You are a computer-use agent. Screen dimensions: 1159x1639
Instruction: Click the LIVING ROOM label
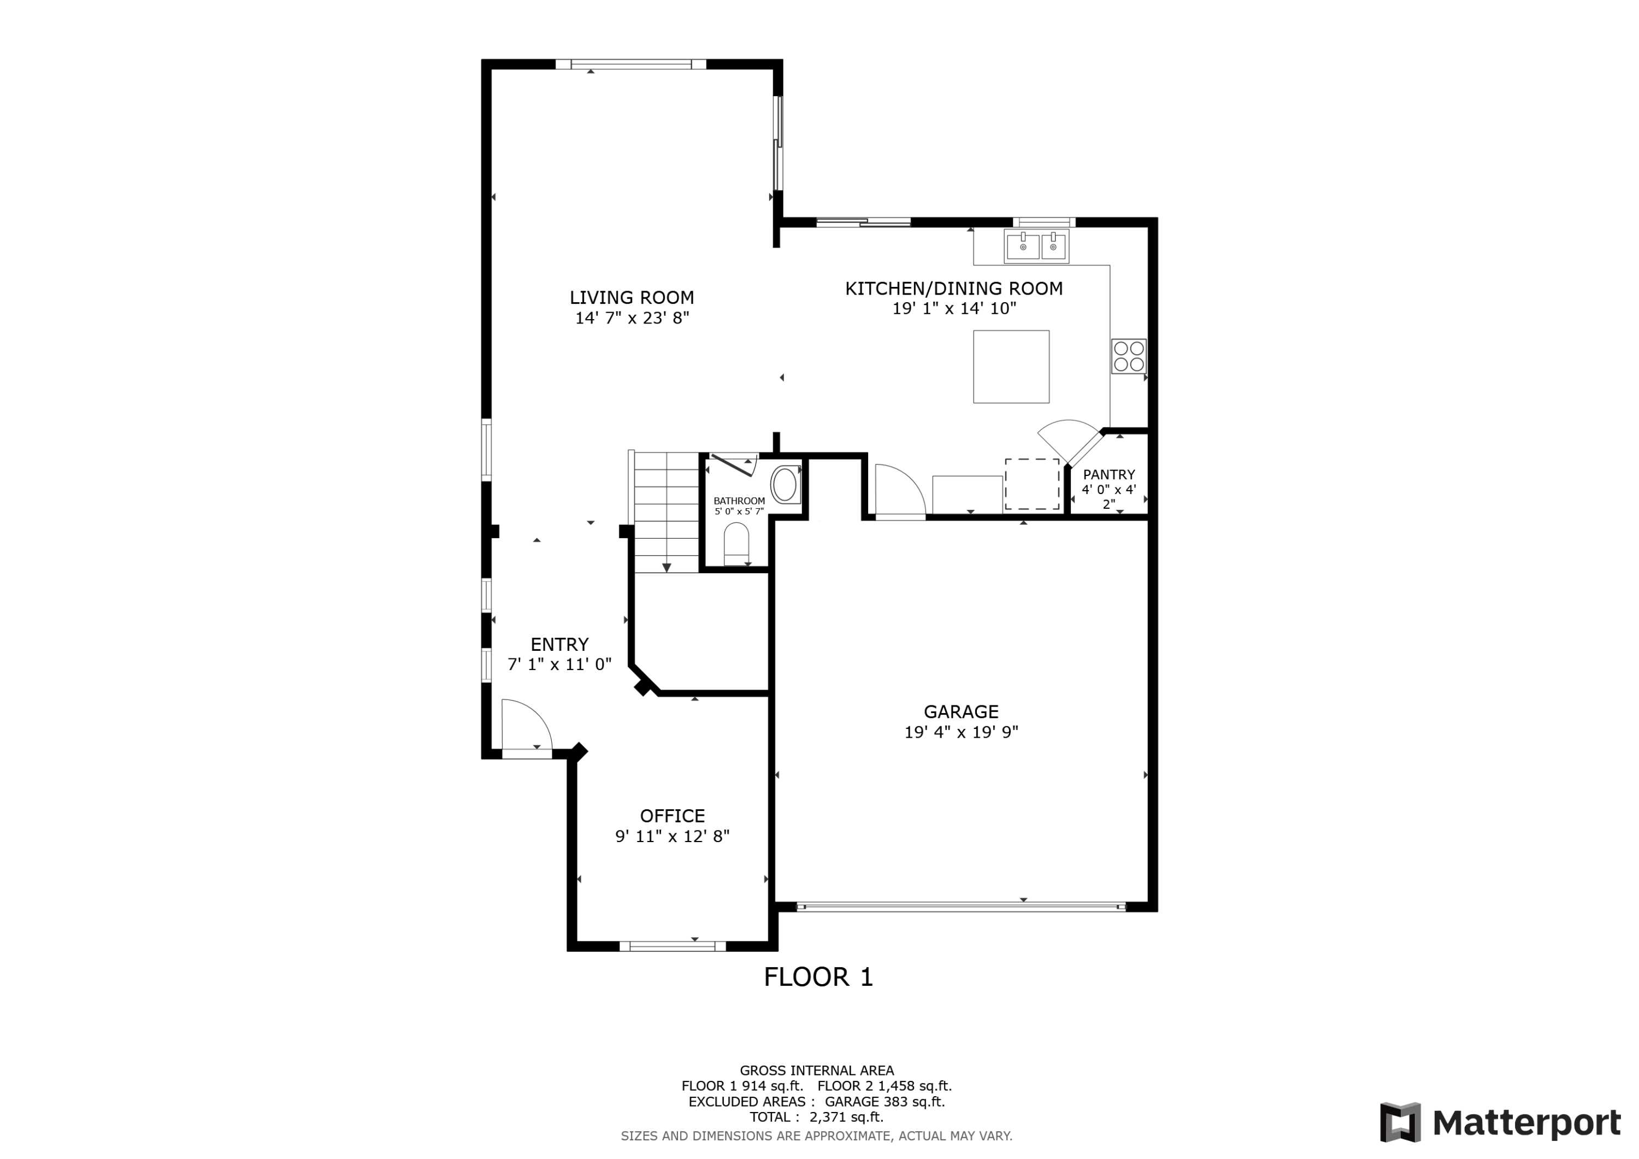tap(631, 297)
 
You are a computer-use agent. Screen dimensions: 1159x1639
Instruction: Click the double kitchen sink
tap(1036, 246)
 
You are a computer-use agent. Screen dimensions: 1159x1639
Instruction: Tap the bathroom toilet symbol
tap(736, 544)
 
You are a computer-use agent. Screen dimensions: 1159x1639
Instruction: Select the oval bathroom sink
tap(785, 484)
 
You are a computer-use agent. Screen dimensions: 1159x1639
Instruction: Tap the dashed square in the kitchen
tap(1031, 484)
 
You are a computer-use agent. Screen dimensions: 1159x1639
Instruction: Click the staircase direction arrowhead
tap(666, 568)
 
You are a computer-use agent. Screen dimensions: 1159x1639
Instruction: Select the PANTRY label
tap(1109, 475)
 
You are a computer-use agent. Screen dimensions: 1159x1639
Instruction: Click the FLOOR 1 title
tap(818, 977)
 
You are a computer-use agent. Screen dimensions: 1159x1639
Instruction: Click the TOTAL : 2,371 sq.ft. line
tap(816, 1117)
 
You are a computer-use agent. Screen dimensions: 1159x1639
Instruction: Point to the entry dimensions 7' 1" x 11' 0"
tap(559, 664)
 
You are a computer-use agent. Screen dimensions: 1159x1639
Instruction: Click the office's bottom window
tap(672, 946)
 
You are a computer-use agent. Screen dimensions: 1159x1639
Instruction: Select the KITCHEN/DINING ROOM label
tap(954, 289)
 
